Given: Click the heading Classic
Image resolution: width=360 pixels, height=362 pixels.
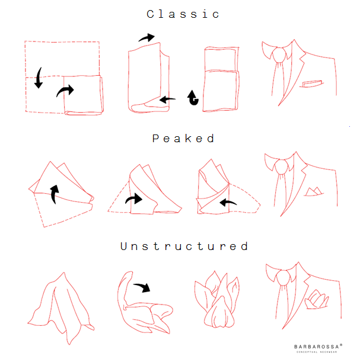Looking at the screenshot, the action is pos(183,14).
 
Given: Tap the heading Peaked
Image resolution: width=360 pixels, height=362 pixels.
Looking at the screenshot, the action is pos(183,139).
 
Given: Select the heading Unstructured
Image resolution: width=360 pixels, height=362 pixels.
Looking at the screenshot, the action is pos(184,246).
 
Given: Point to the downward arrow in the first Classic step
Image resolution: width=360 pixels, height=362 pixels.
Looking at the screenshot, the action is pos(39,78).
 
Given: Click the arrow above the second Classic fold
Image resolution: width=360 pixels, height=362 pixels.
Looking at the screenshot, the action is pos(147,38).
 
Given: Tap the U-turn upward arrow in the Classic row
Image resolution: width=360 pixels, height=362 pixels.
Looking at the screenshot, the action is pos(193,98).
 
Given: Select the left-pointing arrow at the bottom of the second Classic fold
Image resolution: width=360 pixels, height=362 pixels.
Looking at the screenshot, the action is pos(167,100).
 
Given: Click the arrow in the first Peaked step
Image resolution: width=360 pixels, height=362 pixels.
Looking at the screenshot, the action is pos(54,194).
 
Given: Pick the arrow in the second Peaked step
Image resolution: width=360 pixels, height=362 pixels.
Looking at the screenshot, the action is pos(134,199).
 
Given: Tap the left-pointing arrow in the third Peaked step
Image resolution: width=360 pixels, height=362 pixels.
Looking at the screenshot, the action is pos(228,203).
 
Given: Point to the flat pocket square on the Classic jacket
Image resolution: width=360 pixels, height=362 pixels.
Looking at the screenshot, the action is pos(312,84).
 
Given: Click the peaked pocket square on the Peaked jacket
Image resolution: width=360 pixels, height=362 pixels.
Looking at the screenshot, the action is pos(314,192).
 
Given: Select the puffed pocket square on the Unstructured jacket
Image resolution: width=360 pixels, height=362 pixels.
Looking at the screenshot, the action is pos(317,299).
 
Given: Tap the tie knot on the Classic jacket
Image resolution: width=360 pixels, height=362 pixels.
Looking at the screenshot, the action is pos(280,55).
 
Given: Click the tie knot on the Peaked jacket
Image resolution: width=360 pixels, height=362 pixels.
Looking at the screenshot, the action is pos(281,167).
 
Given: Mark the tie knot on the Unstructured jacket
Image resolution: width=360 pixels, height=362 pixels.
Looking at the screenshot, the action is pos(283,278).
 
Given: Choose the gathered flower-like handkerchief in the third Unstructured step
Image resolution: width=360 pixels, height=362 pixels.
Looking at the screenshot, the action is pos(217,300).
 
